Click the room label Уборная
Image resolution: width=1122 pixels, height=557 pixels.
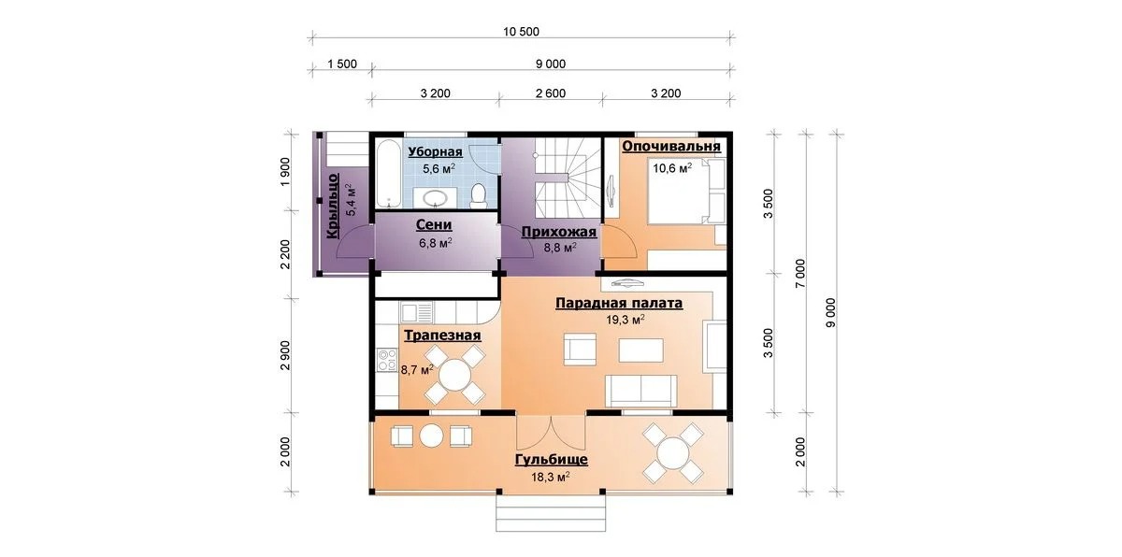pos(435,151)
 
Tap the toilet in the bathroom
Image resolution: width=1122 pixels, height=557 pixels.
pos(479,195)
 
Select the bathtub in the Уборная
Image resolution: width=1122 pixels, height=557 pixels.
pos(388,173)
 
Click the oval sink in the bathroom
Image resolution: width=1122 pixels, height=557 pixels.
pos(435,198)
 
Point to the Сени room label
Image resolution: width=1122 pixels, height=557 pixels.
pos(434,225)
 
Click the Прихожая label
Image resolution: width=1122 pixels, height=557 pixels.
pos(559,232)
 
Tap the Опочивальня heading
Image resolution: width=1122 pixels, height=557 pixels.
pos(671,146)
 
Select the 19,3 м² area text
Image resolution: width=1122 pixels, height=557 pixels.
pos(626,320)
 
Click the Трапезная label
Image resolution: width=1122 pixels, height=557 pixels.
pos(442,335)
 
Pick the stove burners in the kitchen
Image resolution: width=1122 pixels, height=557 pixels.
pos(387,361)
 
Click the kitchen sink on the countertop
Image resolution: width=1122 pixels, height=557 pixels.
pos(416,312)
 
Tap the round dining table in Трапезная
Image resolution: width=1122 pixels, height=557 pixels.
pos(454,375)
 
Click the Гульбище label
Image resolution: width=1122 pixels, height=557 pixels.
pos(552,460)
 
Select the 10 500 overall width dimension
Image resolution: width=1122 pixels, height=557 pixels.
pos(521,32)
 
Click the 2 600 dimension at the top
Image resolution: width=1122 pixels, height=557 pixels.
pos(551,93)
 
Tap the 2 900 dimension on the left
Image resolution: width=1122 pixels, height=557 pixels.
pos(285,355)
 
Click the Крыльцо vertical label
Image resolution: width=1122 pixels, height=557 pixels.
pos(333,206)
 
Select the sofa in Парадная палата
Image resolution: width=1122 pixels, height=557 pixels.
pos(640,391)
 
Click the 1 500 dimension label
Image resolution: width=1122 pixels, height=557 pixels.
pos(342,64)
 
